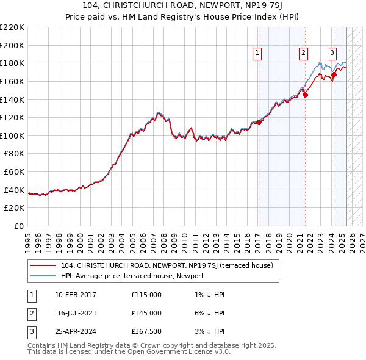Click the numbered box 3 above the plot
coord(332,53)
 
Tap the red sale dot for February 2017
coord(259,122)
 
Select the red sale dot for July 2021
coord(306,95)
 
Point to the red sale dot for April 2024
coord(334,74)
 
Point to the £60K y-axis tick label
coord(15,172)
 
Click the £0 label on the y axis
coord(20,226)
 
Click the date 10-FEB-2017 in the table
coord(75,295)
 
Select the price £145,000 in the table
coord(146,313)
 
